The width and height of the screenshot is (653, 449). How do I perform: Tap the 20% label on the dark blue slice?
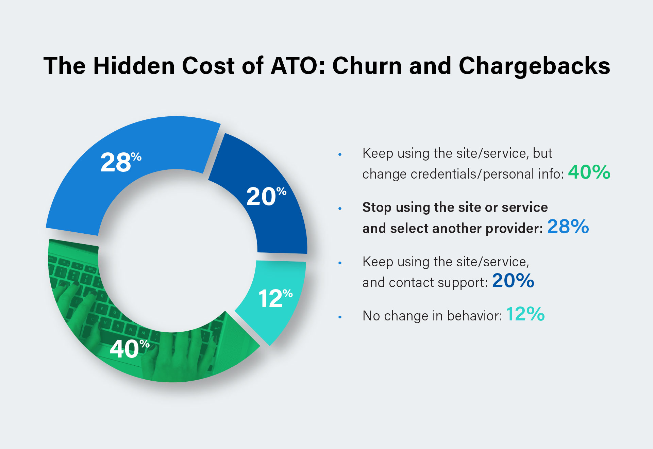click(x=266, y=196)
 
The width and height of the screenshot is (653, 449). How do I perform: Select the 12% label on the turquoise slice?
click(x=275, y=298)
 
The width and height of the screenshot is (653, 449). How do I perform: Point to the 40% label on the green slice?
click(x=129, y=349)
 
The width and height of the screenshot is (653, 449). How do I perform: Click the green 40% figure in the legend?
click(x=589, y=172)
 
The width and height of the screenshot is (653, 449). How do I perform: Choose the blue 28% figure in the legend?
click(x=568, y=227)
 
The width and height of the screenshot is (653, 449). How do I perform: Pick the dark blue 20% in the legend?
click(x=513, y=281)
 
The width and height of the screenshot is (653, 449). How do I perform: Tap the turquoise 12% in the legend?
click(x=525, y=314)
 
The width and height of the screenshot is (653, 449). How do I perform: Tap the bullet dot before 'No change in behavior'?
click(x=340, y=317)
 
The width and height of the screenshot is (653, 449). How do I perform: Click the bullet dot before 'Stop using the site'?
click(x=340, y=209)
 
